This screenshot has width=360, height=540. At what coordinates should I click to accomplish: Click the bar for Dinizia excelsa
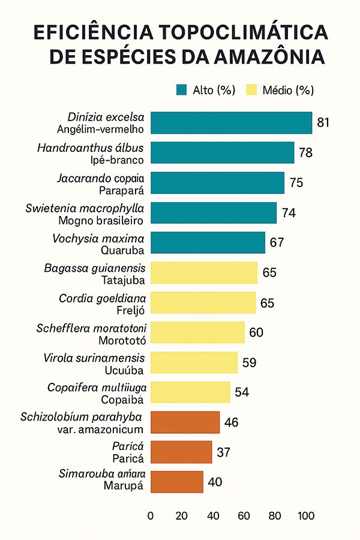point(231,123)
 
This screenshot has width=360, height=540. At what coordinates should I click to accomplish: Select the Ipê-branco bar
point(222,152)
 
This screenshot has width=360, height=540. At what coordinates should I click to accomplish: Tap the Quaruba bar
point(208,242)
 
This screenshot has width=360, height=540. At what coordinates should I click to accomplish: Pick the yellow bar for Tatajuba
point(203,272)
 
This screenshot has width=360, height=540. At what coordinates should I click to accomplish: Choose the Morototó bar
point(197,332)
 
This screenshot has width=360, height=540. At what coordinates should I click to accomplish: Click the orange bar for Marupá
point(176,482)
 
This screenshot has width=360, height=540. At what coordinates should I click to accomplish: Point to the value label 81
point(324,123)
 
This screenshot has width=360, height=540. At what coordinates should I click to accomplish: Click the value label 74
point(289,212)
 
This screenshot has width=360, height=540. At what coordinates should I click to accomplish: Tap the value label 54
point(242,392)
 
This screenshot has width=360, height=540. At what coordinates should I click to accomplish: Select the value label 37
point(224,452)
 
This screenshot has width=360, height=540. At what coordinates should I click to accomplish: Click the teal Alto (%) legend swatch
point(182,91)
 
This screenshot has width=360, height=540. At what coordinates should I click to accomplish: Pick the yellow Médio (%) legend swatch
point(251,91)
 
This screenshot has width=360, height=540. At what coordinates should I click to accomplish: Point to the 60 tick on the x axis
point(244,515)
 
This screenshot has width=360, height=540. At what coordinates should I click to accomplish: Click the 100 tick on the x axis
point(306,515)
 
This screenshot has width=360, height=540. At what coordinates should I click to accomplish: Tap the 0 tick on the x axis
point(151,515)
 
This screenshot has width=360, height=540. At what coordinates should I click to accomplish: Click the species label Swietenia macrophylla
point(85,208)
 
